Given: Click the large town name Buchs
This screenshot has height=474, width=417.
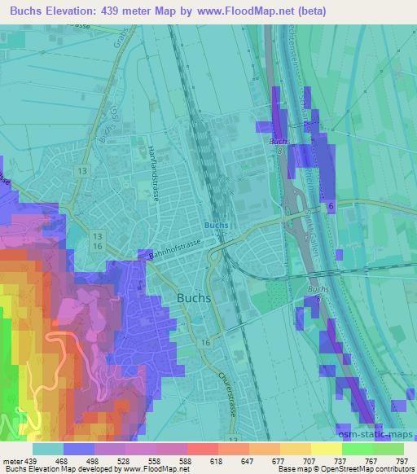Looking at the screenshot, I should (x=194, y=298).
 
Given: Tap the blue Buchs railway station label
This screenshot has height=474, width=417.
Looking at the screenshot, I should (x=215, y=225).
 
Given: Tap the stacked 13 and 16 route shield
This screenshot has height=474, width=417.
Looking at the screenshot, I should (x=98, y=241).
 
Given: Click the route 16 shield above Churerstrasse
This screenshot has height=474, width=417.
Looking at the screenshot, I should (x=206, y=343).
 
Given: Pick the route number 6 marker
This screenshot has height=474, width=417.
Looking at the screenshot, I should (x=331, y=208).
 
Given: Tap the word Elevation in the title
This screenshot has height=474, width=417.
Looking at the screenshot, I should (x=77, y=11).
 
